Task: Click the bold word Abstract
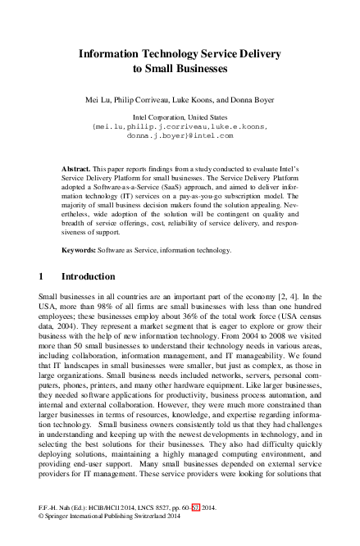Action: (77, 166)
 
